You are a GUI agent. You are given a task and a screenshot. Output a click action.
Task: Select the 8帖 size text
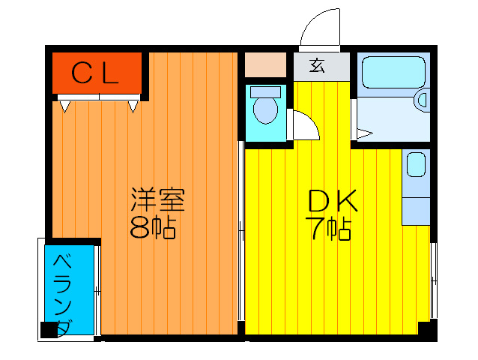(153, 226)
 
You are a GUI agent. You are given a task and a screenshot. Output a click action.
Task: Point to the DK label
(333, 200)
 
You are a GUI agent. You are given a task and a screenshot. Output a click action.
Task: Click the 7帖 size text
(330, 228)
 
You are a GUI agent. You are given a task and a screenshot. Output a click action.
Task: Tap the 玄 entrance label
(318, 66)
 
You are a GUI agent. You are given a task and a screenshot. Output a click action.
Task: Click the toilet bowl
(264, 109)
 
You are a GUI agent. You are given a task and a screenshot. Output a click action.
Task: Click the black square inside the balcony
(50, 328)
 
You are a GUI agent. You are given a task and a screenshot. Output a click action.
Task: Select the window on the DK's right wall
(432, 281)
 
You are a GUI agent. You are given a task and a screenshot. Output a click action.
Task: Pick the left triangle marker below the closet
(65, 107)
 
